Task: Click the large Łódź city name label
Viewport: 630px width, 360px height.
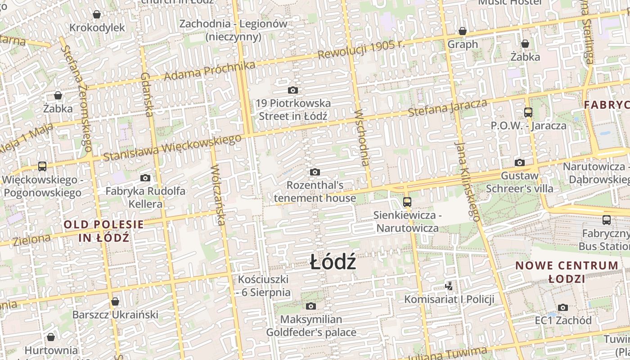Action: pos(333,262)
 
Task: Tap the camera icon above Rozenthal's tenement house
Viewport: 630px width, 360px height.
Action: pos(315,172)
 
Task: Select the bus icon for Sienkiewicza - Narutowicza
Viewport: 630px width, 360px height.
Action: pos(407,202)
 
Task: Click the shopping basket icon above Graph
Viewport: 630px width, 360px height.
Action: pos(462,31)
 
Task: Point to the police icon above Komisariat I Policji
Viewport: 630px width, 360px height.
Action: pos(449,285)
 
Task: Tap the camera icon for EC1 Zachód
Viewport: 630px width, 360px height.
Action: pos(563,307)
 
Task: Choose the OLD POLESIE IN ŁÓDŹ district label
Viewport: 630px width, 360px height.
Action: pos(103,230)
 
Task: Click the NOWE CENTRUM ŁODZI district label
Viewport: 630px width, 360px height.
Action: pos(567,272)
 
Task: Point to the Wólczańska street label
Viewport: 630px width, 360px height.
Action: pos(217,194)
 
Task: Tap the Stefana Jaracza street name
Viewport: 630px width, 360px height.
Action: pos(447,108)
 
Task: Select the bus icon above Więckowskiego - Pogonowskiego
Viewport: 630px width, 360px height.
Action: pos(42,166)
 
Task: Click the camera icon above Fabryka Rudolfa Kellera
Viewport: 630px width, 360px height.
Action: pos(145,178)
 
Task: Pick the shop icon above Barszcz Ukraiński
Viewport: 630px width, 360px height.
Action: pos(115,301)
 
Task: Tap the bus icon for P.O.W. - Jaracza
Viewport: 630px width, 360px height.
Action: pos(528,112)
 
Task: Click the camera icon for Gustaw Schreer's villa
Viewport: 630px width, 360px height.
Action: pos(520,162)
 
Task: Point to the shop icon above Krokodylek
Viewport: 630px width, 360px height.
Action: pos(97,14)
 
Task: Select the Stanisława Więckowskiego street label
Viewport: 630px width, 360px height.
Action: pos(172,147)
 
